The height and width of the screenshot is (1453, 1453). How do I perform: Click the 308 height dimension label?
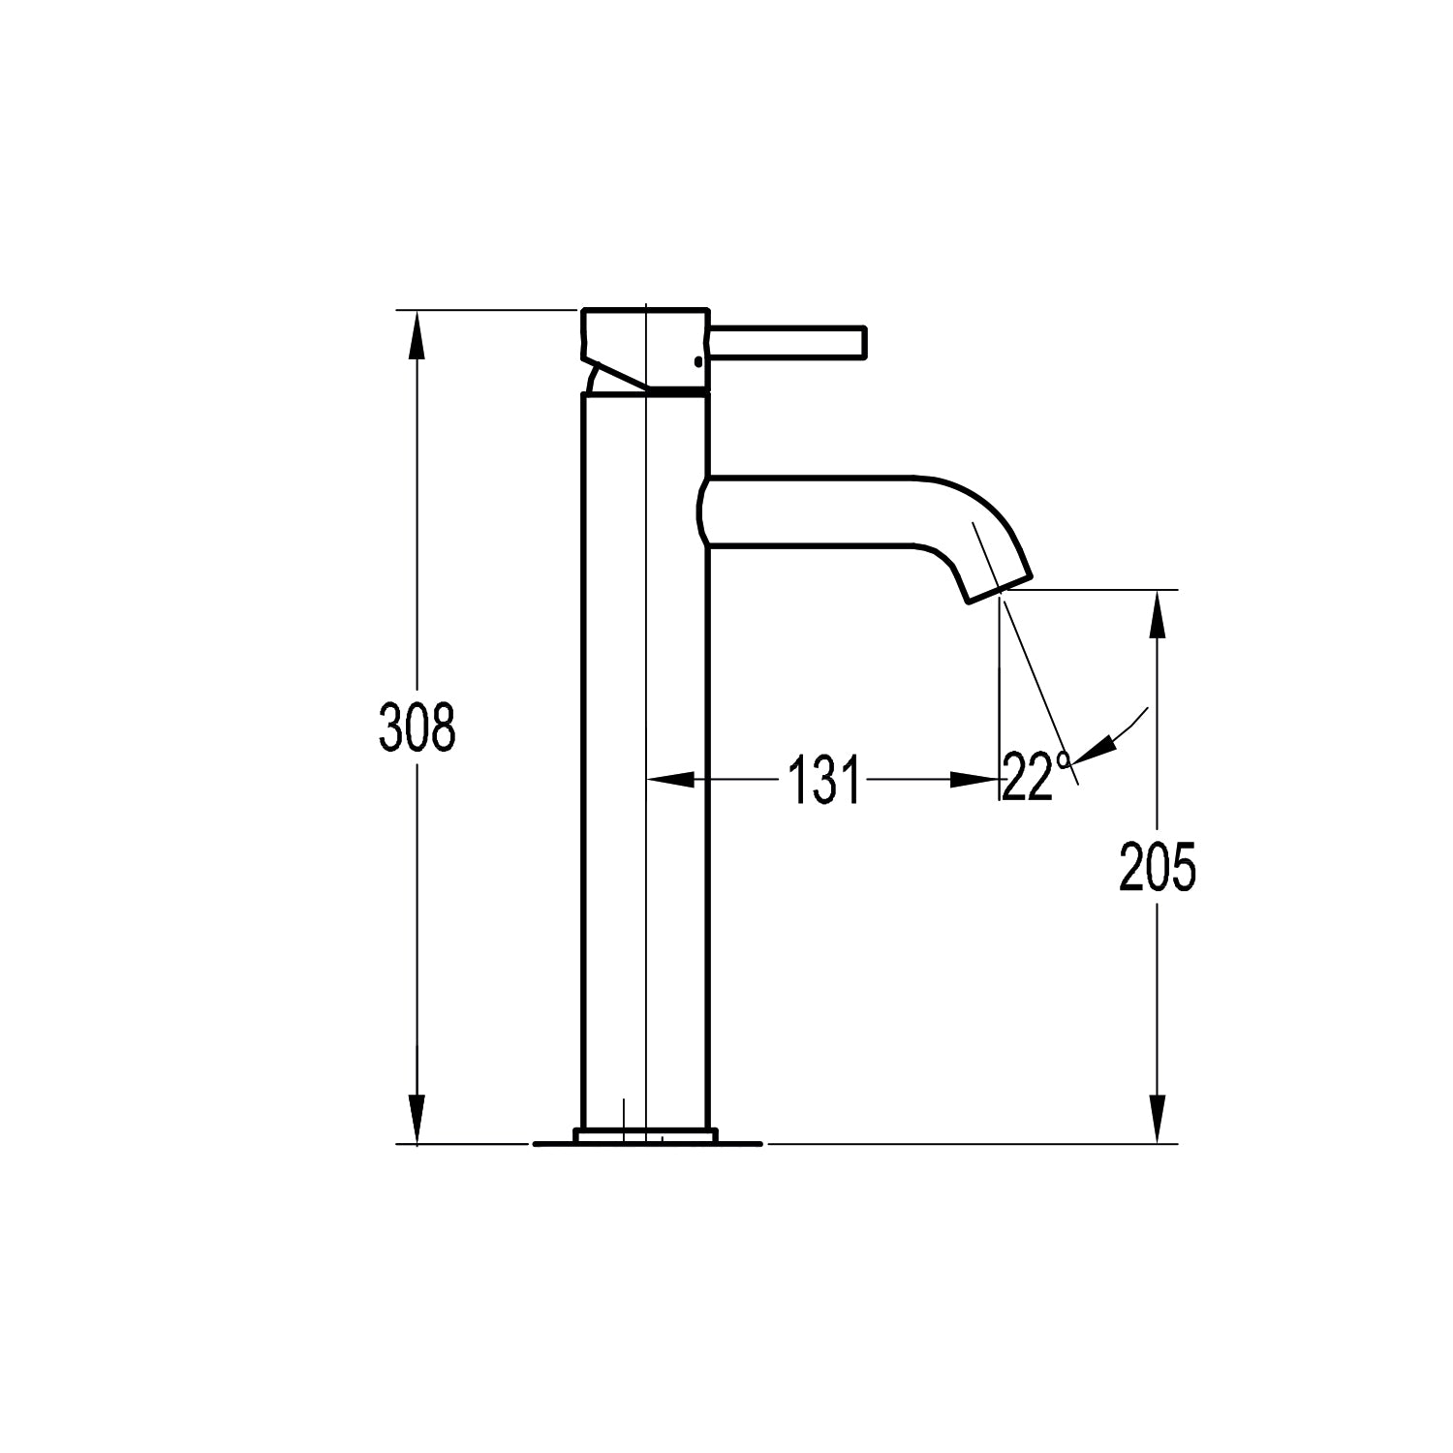point(417,727)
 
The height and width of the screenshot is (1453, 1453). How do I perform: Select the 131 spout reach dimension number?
point(823,780)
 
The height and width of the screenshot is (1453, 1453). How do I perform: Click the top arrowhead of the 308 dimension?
point(417,334)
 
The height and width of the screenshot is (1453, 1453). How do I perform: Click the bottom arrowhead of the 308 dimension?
point(417,1119)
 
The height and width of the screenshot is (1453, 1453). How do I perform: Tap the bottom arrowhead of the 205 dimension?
point(1157,1119)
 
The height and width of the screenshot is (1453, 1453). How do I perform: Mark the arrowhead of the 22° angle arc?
point(1095,747)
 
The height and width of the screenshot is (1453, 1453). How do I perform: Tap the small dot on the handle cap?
point(697,362)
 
